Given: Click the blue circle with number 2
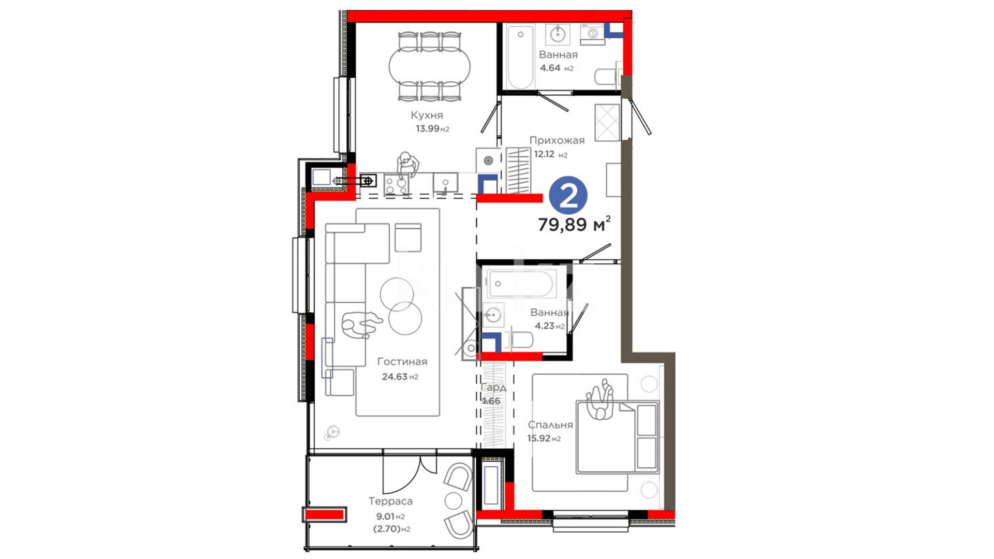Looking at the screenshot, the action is coord(568,196).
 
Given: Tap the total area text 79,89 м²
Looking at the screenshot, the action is coord(574,224).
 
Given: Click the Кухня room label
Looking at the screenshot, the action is coord(427,115).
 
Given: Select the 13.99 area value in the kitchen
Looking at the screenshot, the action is coord(428,128).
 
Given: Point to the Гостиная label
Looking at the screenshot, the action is coord(402,362).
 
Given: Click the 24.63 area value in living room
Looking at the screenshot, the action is coord(394,377).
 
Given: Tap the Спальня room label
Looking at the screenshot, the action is coord(550,425).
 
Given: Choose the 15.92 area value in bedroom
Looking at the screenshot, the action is coord(539,438).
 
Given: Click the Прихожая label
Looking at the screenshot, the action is coord(557,140).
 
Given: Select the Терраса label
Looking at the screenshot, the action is coord(390,501).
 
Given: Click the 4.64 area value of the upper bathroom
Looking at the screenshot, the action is coord(550,68).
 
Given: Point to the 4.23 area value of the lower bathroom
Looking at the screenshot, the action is coord(545,326).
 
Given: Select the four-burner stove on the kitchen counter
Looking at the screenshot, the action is coord(396,185).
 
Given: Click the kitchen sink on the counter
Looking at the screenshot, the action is coord(445,184).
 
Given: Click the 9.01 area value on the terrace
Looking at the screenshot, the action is coord(385,516).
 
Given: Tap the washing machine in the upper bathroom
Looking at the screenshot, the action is coord(592,34).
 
